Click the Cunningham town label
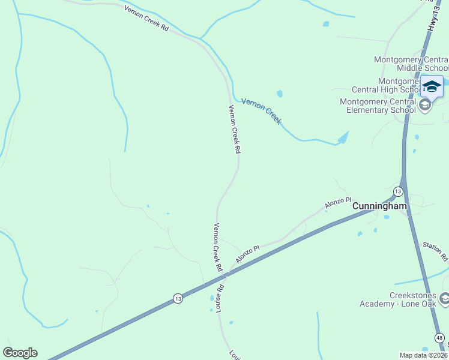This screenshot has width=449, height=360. [379, 206]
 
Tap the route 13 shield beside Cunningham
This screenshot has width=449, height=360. [397, 191]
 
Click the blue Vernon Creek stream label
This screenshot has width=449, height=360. [261, 111]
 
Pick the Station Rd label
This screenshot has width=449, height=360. [436, 251]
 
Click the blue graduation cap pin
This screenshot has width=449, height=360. [432, 87]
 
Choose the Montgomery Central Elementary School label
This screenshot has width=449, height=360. [378, 106]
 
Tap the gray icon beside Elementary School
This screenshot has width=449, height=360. [425, 106]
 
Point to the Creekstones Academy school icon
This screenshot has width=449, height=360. [444, 298]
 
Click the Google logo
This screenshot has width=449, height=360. [20, 353]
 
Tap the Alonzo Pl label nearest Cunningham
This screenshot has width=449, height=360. [338, 202]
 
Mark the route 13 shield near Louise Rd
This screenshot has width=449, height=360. [178, 298]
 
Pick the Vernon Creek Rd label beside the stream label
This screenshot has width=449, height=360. [234, 128]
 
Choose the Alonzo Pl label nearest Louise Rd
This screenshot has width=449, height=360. [247, 254]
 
